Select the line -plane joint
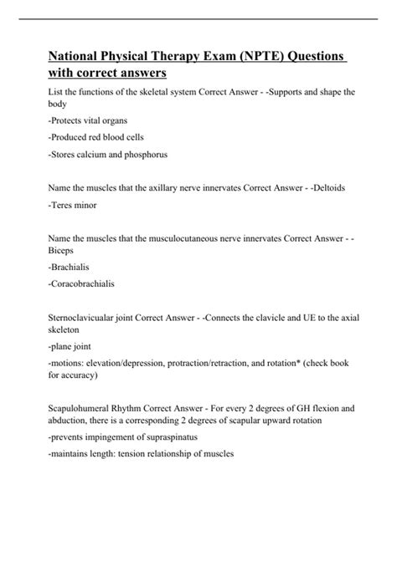click(72, 348)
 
